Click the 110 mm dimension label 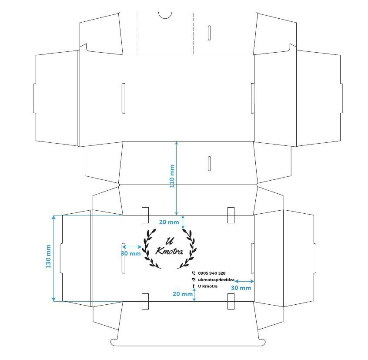pyautogui.click(x=172, y=176)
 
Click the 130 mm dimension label pyautogui.click(x=48, y=256)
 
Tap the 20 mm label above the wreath pyautogui.click(x=169, y=222)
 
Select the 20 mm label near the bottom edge pyautogui.click(x=183, y=294)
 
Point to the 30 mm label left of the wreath pyautogui.click(x=131, y=254)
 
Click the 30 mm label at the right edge pyautogui.click(x=241, y=288)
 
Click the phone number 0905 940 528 pyautogui.click(x=212, y=273)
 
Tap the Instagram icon pyautogui.click(x=194, y=280)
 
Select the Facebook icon pyautogui.click(x=194, y=286)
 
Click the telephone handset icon pyautogui.click(x=194, y=273)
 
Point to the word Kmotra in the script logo pyautogui.click(x=169, y=251)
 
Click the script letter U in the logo pyautogui.click(x=170, y=241)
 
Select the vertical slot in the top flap pyautogui.click(x=209, y=33)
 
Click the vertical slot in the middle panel pyautogui.click(x=209, y=163)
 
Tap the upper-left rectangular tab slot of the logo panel pyautogui.click(x=145, y=215)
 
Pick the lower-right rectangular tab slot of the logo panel pyautogui.click(x=231, y=301)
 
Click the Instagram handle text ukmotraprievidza pyautogui.click(x=216, y=280)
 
